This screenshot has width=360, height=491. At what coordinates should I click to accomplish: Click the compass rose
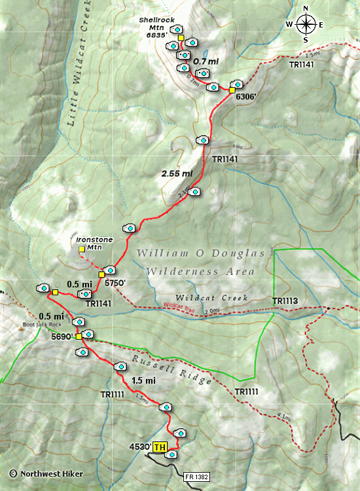305,25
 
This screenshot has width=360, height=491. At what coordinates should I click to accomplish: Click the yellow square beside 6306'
232,90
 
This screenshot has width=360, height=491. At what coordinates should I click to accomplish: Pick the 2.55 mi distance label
177,173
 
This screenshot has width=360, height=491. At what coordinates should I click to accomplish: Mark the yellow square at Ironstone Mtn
82,249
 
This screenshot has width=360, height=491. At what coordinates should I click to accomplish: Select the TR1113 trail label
285,302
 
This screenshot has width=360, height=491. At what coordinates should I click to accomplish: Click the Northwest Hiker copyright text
37,472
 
